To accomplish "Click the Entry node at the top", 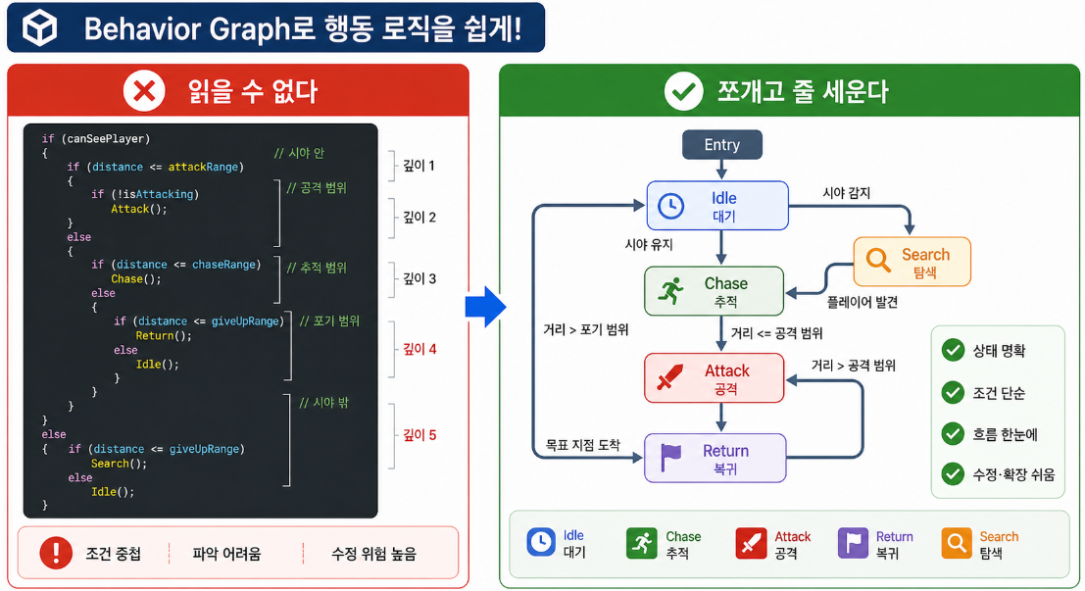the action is (x=721, y=145).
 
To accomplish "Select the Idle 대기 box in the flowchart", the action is (x=717, y=206).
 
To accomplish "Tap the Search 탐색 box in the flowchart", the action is (x=912, y=262).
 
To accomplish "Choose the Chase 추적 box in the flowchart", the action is (x=715, y=291).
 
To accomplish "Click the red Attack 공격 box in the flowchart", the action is (x=715, y=378).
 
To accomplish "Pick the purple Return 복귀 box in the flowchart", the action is (x=715, y=458).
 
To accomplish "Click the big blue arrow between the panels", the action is (x=486, y=306).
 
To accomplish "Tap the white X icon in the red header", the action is (x=144, y=90).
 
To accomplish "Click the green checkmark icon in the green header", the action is (x=684, y=91).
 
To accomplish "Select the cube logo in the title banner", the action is (x=39, y=28).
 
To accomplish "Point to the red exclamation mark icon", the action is (x=56, y=553).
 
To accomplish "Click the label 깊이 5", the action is (x=419, y=435).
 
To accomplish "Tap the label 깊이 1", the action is (x=419, y=166).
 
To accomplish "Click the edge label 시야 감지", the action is (x=846, y=193).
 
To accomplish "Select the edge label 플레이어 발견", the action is (x=863, y=303).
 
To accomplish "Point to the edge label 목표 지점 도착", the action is (x=582, y=445).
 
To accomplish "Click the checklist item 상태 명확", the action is (x=999, y=351).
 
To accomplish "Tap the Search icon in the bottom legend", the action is (x=957, y=543).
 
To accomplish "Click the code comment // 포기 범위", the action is (x=329, y=321).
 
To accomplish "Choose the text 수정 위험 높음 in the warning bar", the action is (x=373, y=554).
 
